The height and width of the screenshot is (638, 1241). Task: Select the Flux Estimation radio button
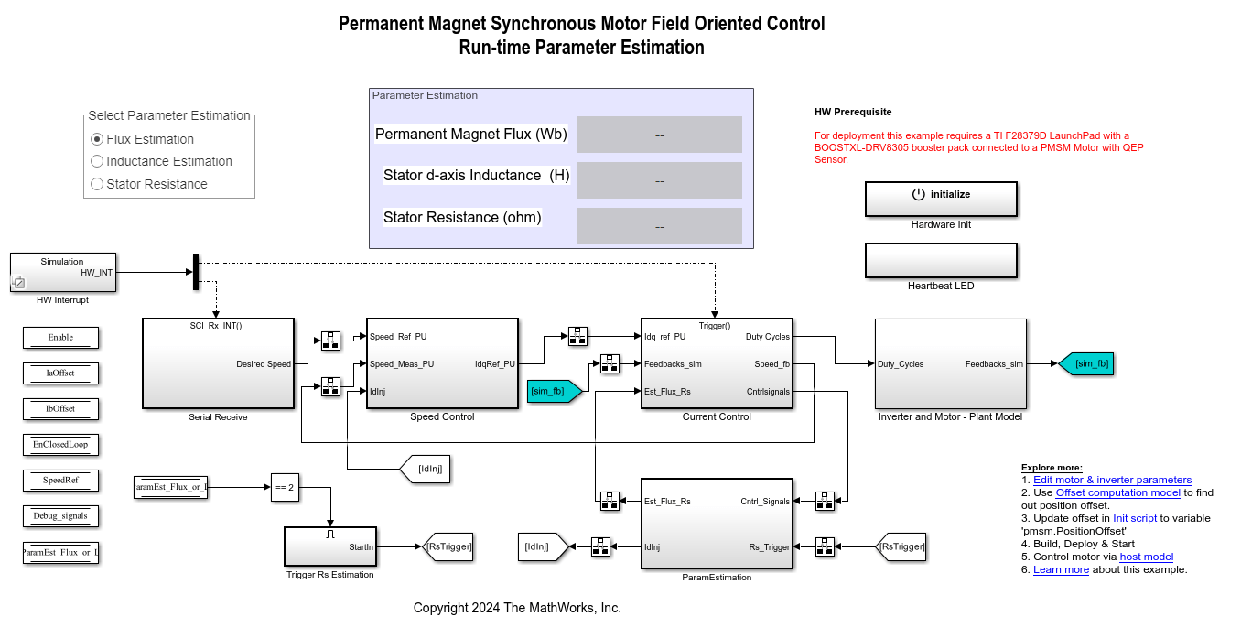pyautogui.click(x=97, y=139)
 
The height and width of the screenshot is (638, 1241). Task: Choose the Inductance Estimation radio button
pyautogui.click(x=97, y=161)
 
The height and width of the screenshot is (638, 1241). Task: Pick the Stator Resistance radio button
pyautogui.click(x=97, y=184)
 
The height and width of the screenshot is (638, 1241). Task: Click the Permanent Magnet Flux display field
pyautogui.click(x=659, y=135)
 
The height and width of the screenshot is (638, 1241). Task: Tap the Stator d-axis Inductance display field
pyautogui.click(x=659, y=180)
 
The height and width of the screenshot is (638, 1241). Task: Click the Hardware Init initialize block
pyautogui.click(x=941, y=199)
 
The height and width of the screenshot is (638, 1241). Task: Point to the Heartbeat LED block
pyautogui.click(x=941, y=260)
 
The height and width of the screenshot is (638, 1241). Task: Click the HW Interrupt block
pyautogui.click(x=63, y=272)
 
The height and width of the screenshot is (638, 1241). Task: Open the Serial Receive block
pyautogui.click(x=218, y=363)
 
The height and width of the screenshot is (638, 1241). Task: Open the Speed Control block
pyautogui.click(x=442, y=363)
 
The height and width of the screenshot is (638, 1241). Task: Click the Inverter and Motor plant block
pyautogui.click(x=950, y=363)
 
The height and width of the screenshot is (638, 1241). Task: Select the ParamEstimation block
pyautogui.click(x=717, y=524)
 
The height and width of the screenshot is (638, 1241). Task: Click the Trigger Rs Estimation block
pyautogui.click(x=329, y=546)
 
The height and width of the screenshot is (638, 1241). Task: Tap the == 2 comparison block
pyautogui.click(x=284, y=488)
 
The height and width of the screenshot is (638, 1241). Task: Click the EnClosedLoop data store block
pyautogui.click(x=60, y=445)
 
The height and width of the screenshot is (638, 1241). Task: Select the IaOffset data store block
pyautogui.click(x=60, y=373)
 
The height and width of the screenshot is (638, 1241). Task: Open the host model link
pyautogui.click(x=1146, y=557)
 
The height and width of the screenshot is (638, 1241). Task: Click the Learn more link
pyautogui.click(x=1061, y=569)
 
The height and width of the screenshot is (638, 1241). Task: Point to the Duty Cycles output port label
pyautogui.click(x=767, y=337)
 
